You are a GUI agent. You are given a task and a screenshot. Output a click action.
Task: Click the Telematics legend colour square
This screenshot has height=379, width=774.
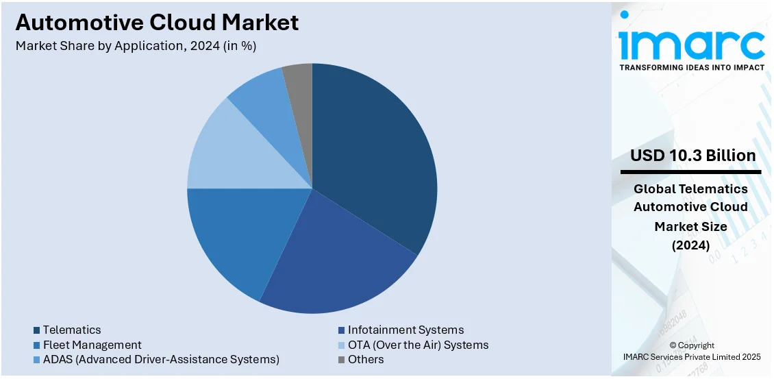[37, 330]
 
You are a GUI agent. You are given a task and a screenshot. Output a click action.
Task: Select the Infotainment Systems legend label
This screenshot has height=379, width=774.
[405, 330]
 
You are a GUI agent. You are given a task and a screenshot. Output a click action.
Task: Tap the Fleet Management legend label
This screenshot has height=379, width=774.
[92, 345]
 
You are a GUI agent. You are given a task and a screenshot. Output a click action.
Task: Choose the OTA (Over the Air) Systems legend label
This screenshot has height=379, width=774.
[418, 345]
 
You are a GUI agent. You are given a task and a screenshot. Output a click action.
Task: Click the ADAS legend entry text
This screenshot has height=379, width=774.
[160, 359]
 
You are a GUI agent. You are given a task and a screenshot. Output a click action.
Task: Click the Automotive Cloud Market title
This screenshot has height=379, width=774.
[157, 23]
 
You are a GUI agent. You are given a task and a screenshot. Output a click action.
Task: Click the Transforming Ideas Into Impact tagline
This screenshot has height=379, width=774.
[692, 68]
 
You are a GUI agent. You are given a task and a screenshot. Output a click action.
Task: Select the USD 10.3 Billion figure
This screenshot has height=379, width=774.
[693, 156]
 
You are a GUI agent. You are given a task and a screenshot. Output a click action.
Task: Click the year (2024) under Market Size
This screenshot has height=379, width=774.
[690, 245]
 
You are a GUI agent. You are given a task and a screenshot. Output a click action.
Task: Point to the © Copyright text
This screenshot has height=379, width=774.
[692, 345]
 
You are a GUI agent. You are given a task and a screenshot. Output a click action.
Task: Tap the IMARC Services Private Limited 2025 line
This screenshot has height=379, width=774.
[692, 356]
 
